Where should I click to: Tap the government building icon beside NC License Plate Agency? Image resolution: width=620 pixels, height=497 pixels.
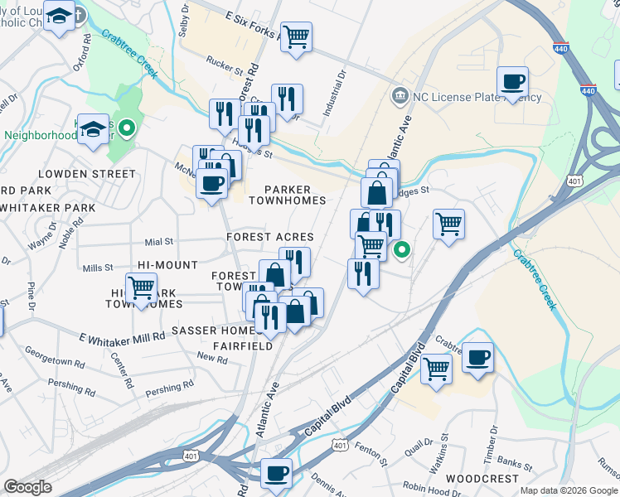pos(401,96)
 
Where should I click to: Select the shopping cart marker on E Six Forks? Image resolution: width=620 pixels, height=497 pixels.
pos(296,36)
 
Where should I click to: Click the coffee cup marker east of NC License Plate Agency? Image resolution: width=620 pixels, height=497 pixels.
pos(513,82)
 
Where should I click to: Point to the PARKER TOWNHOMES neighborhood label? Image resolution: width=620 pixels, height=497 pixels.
pos(294,195)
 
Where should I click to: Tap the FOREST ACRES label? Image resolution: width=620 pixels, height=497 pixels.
pos(270,237)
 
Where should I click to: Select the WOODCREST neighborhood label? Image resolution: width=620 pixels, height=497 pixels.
pos(482,479)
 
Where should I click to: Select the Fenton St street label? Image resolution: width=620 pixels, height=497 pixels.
pos(372,453)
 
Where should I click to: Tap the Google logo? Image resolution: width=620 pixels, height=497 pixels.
pos(28,487)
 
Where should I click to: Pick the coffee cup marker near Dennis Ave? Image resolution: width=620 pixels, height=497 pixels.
pos(276,473)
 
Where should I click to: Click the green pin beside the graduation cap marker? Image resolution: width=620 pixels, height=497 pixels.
pos(126,128)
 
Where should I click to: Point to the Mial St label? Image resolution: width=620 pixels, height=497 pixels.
pos(157,242)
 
